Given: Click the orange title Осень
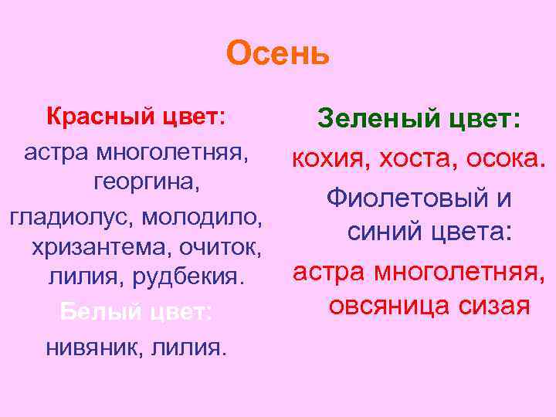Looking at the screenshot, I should pyautogui.click(x=278, y=53).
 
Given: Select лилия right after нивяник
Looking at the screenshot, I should pyautogui.click(x=185, y=347).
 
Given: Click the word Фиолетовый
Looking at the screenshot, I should pyautogui.click(x=407, y=198).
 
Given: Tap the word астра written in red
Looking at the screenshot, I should pyautogui.click(x=327, y=270).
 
